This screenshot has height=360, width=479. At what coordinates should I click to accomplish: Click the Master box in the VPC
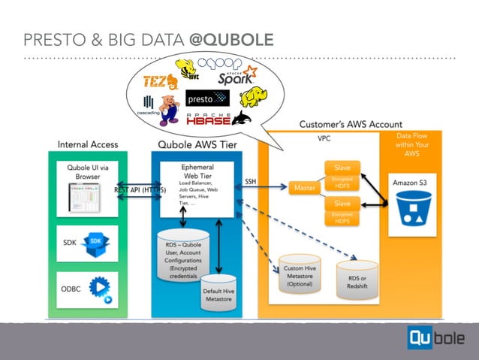tap(305, 187)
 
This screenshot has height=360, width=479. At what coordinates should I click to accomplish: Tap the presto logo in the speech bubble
tap(206, 98)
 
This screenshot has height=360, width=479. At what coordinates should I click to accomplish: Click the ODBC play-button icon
tap(100, 289)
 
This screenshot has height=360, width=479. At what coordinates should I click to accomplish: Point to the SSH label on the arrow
tap(252, 181)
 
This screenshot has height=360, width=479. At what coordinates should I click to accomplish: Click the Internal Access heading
tap(87, 144)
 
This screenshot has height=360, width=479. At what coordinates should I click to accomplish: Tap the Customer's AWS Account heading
tap(350, 124)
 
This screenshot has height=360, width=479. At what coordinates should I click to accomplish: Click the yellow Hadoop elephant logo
tap(254, 97)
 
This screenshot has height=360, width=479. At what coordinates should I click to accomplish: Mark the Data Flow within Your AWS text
tap(411, 144)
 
